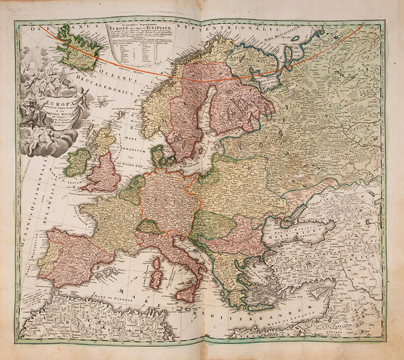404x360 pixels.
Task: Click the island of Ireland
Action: coord(78,162)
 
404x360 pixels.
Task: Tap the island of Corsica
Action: coord(156,266)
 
